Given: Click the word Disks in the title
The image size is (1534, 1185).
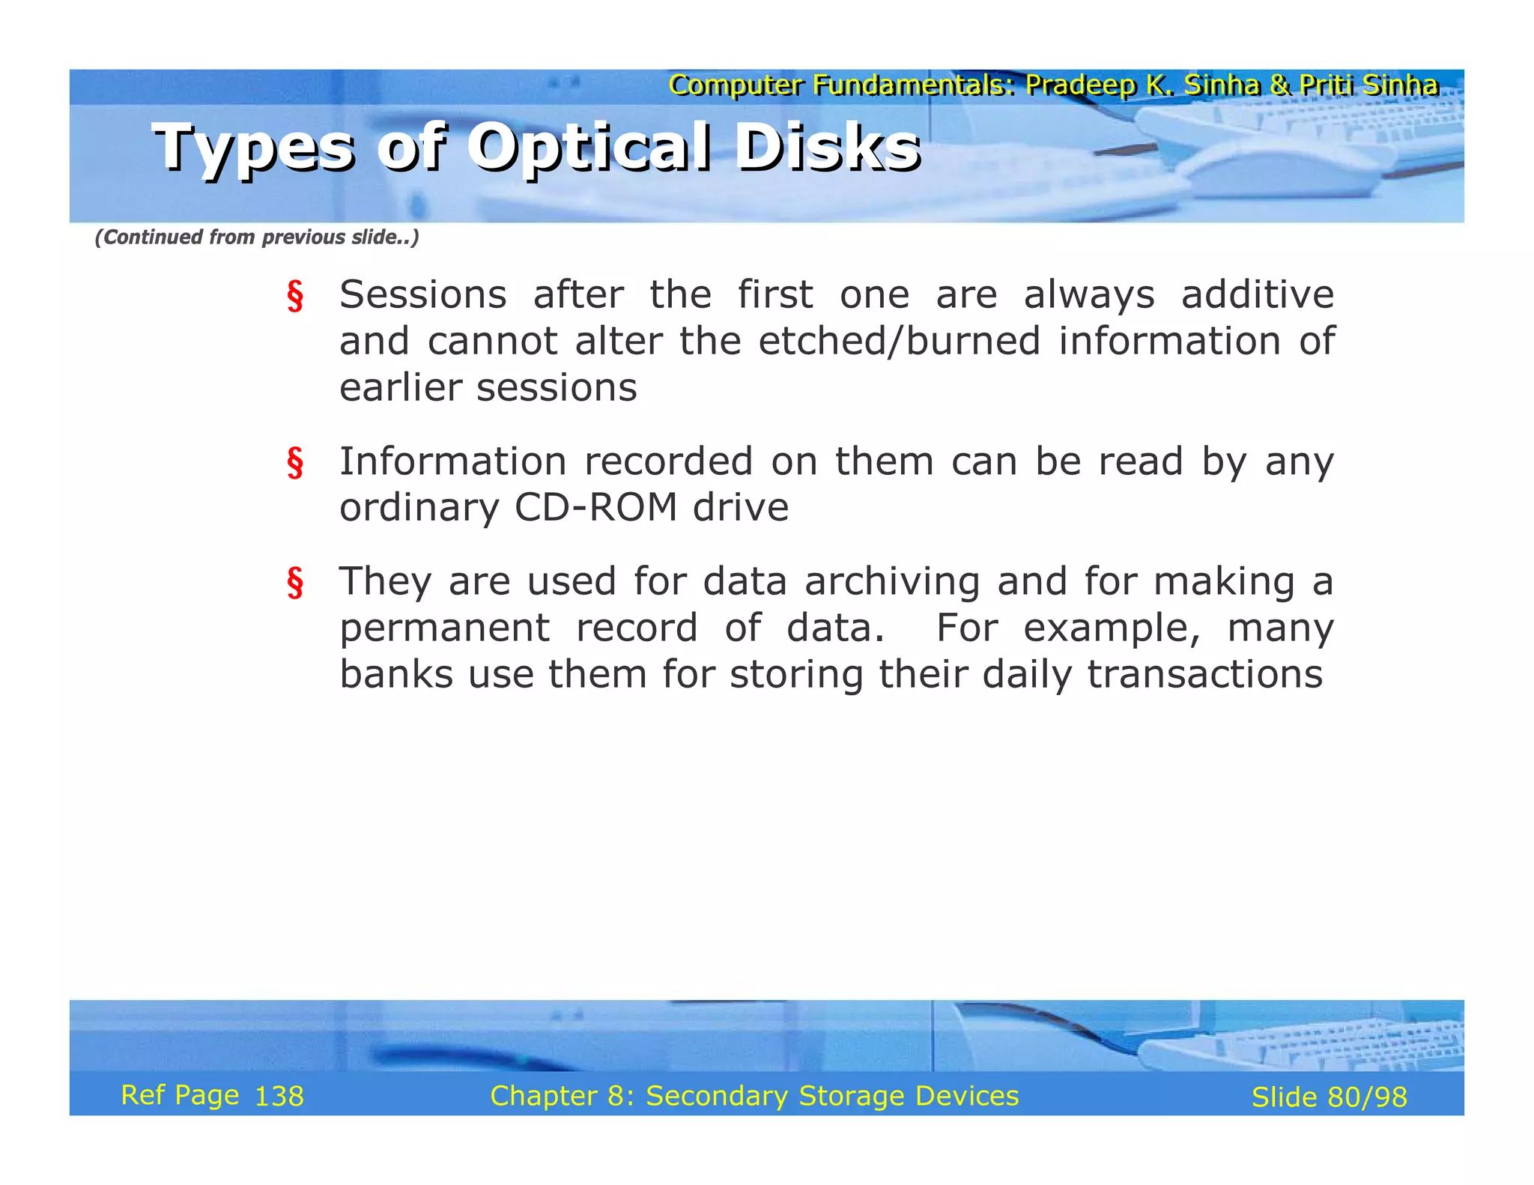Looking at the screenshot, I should pos(827,148).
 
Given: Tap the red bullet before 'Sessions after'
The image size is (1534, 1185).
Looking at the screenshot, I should pos(295,296).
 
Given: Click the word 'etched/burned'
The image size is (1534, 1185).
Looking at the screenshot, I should pos(899,342).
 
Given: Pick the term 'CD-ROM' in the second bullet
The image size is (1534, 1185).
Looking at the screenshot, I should pos(595,508).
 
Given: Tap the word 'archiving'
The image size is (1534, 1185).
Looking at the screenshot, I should pos(892,582).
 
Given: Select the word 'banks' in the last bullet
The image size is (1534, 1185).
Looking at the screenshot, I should pos(395,674).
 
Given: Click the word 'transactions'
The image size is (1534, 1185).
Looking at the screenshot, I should pos(1204,674).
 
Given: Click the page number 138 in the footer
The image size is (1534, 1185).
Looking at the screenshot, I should pos(279,1097).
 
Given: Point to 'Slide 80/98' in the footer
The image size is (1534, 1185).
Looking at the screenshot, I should pos(1329,1097).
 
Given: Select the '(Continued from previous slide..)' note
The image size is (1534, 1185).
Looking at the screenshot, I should pos(256,237).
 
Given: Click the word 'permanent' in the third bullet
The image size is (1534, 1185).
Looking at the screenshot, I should pos(444,628).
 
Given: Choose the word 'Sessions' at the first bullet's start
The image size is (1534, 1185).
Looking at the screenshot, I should pos(422,294).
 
